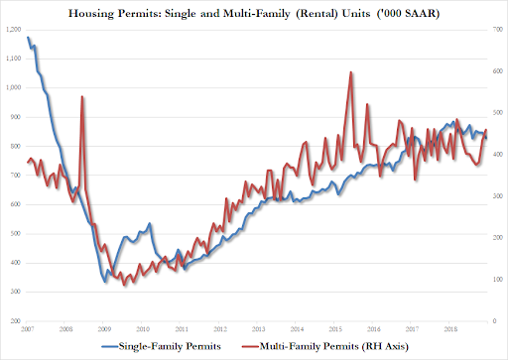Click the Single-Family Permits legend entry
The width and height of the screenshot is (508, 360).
(158, 345)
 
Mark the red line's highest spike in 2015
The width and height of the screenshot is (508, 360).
(350, 72)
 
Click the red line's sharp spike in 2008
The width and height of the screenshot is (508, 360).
(82, 96)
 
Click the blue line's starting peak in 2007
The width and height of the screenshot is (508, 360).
(28, 38)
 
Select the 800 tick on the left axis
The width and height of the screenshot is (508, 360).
(15, 147)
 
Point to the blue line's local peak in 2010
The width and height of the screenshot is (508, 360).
(150, 224)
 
